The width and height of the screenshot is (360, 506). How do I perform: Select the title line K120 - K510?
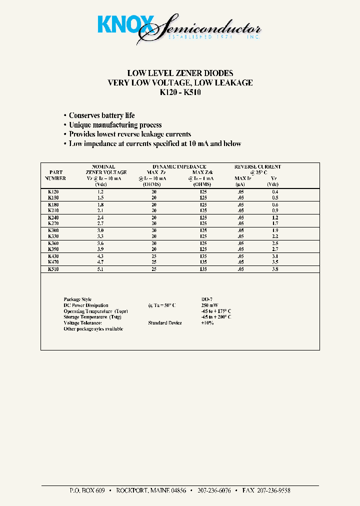[180, 92]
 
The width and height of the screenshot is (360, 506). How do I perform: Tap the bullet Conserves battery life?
[101, 115]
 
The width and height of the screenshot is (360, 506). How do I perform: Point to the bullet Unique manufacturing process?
[115, 125]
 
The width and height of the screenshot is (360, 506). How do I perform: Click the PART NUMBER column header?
[55, 175]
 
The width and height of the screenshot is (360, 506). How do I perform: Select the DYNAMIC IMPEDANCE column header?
[179, 166]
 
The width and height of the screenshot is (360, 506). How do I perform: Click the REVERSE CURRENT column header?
[257, 166]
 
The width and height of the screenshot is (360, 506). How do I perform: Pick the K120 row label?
[53, 192]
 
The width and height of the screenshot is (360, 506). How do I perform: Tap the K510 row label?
[53, 268]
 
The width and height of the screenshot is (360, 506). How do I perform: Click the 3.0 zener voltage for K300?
[101, 230]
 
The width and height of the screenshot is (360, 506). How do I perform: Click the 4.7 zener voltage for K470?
[101, 261]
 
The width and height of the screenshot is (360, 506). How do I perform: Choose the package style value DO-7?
[207, 299]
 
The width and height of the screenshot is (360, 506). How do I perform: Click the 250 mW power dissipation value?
[209, 305]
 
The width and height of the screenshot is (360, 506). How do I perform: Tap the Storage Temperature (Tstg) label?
[92, 317]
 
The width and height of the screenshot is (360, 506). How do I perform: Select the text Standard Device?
[165, 323]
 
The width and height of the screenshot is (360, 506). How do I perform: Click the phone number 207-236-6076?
[214, 491]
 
